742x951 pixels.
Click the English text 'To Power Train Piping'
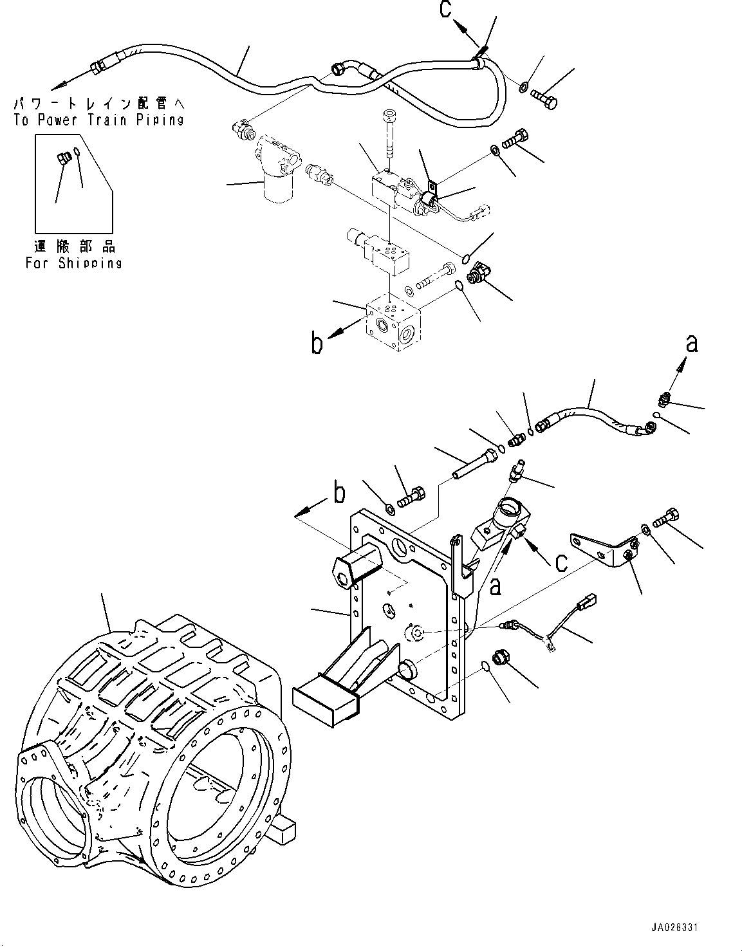coord(98,120)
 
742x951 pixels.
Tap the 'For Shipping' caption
coord(73,263)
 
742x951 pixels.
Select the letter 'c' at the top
coord(445,10)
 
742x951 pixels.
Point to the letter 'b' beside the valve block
coord(317,344)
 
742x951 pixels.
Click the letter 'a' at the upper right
coord(691,344)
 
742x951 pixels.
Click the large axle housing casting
coord(153,752)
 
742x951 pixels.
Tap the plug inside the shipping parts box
coord(64,158)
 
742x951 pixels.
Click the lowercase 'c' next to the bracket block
coord(561,564)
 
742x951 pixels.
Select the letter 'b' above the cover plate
coord(339,494)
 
